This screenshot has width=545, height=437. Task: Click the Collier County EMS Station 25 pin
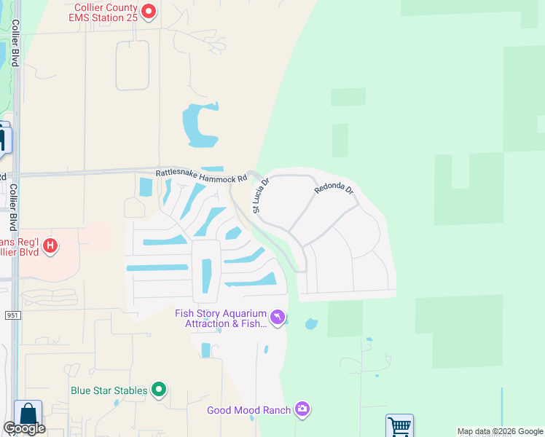149,11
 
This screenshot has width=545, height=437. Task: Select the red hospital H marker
50,246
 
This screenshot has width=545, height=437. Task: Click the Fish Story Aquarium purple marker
277,318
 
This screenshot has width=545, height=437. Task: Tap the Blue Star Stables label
109,390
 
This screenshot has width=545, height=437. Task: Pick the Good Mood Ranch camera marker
302,410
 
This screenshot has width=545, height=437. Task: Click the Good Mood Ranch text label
249,410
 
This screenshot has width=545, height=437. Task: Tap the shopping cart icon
399,426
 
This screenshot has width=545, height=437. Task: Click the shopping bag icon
28,414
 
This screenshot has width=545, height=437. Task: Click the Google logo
24,428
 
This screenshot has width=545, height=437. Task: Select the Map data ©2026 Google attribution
500,431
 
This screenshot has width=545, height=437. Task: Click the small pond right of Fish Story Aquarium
311,323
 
